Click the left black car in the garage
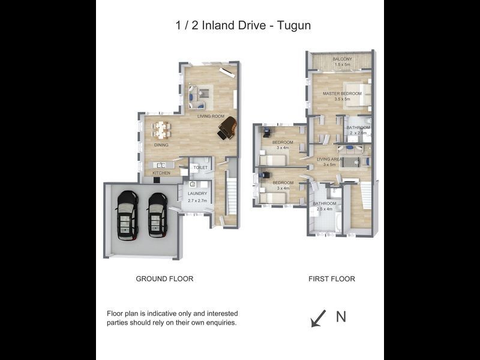tap(127, 215)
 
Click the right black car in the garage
tap(158, 215)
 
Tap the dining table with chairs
tap(161, 130)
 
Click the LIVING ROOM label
tap(211, 116)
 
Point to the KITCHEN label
tap(161, 173)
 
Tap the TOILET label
tap(200, 168)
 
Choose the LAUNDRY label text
tap(197, 194)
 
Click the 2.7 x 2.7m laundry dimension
tap(197, 200)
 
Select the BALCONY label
tap(343, 59)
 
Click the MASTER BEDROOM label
tap(342, 94)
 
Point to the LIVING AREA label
tap(329, 159)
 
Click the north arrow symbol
tap(318, 318)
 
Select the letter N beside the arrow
tap(341, 317)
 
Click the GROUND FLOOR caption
tap(164, 279)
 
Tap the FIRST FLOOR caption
tap(331, 279)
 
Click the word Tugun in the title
tap(293, 25)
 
